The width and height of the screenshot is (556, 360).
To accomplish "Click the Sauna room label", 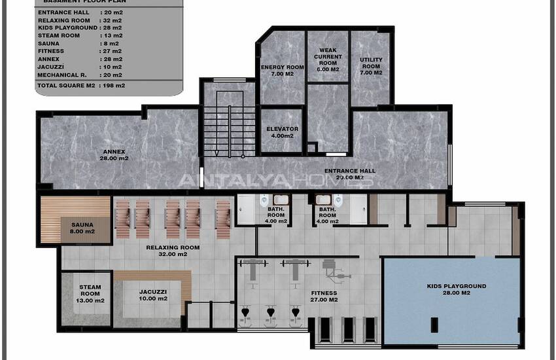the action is coord(82,228).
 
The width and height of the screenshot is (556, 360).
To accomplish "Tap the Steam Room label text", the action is coord(90,294).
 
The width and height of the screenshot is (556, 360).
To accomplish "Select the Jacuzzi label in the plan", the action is coord(153,295).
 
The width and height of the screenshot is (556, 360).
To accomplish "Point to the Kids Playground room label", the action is coord(457,289).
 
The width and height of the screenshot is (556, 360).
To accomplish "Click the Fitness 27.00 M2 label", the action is coord(324,297).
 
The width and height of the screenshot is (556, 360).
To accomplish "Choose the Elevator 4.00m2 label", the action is coord(283,132).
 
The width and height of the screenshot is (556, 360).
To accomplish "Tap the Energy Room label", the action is coord(283,70).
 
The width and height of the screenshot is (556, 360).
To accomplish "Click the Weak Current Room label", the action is coord(328,60).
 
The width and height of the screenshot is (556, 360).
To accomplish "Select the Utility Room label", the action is coord(371,66).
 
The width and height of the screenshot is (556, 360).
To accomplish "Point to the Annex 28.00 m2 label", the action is coord(114,155).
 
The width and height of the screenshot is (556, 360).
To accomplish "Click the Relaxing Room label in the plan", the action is coord(173,251).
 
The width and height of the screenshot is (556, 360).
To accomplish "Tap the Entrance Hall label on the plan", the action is coord(350,174).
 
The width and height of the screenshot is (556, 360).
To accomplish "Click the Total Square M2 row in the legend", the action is coord(81,86).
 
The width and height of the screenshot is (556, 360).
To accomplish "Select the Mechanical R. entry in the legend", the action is coord(80,75).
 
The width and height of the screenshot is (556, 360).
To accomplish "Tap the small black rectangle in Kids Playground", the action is coord(434,325).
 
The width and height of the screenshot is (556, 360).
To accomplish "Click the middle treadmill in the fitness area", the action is coord(348,330).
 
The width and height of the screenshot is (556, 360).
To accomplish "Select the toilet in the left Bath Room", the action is coord(264,201).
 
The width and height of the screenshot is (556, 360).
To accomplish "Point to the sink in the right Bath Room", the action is coord(323,200).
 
